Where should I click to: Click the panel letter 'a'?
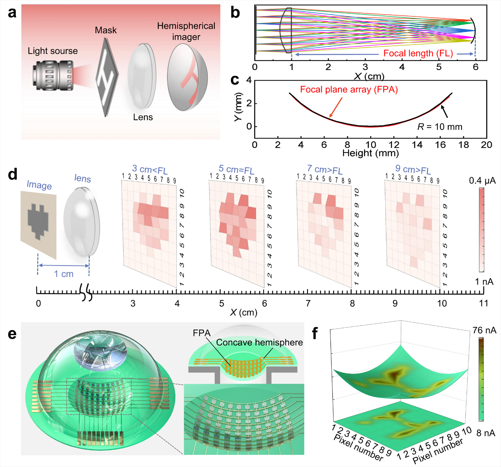[12, 13]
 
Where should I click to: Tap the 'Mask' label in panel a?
[106, 30]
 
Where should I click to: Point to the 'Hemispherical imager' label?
[186, 31]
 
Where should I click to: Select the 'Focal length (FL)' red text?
[418, 54]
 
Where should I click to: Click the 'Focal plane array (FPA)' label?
[349, 90]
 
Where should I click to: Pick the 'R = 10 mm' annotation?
[440, 127]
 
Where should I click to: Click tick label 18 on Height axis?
[463, 145]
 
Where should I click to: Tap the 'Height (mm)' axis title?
[370, 153]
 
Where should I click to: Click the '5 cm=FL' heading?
[236, 170]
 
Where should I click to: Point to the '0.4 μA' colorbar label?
[482, 181]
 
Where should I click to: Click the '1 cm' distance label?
[64, 274]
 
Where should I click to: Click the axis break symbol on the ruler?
[86, 292]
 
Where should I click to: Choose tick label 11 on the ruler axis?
[484, 303]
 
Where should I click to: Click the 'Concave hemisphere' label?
[259, 343]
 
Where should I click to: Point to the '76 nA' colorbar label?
[484, 330]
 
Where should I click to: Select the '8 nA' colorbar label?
[486, 433]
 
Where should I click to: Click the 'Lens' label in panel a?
[143, 117]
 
